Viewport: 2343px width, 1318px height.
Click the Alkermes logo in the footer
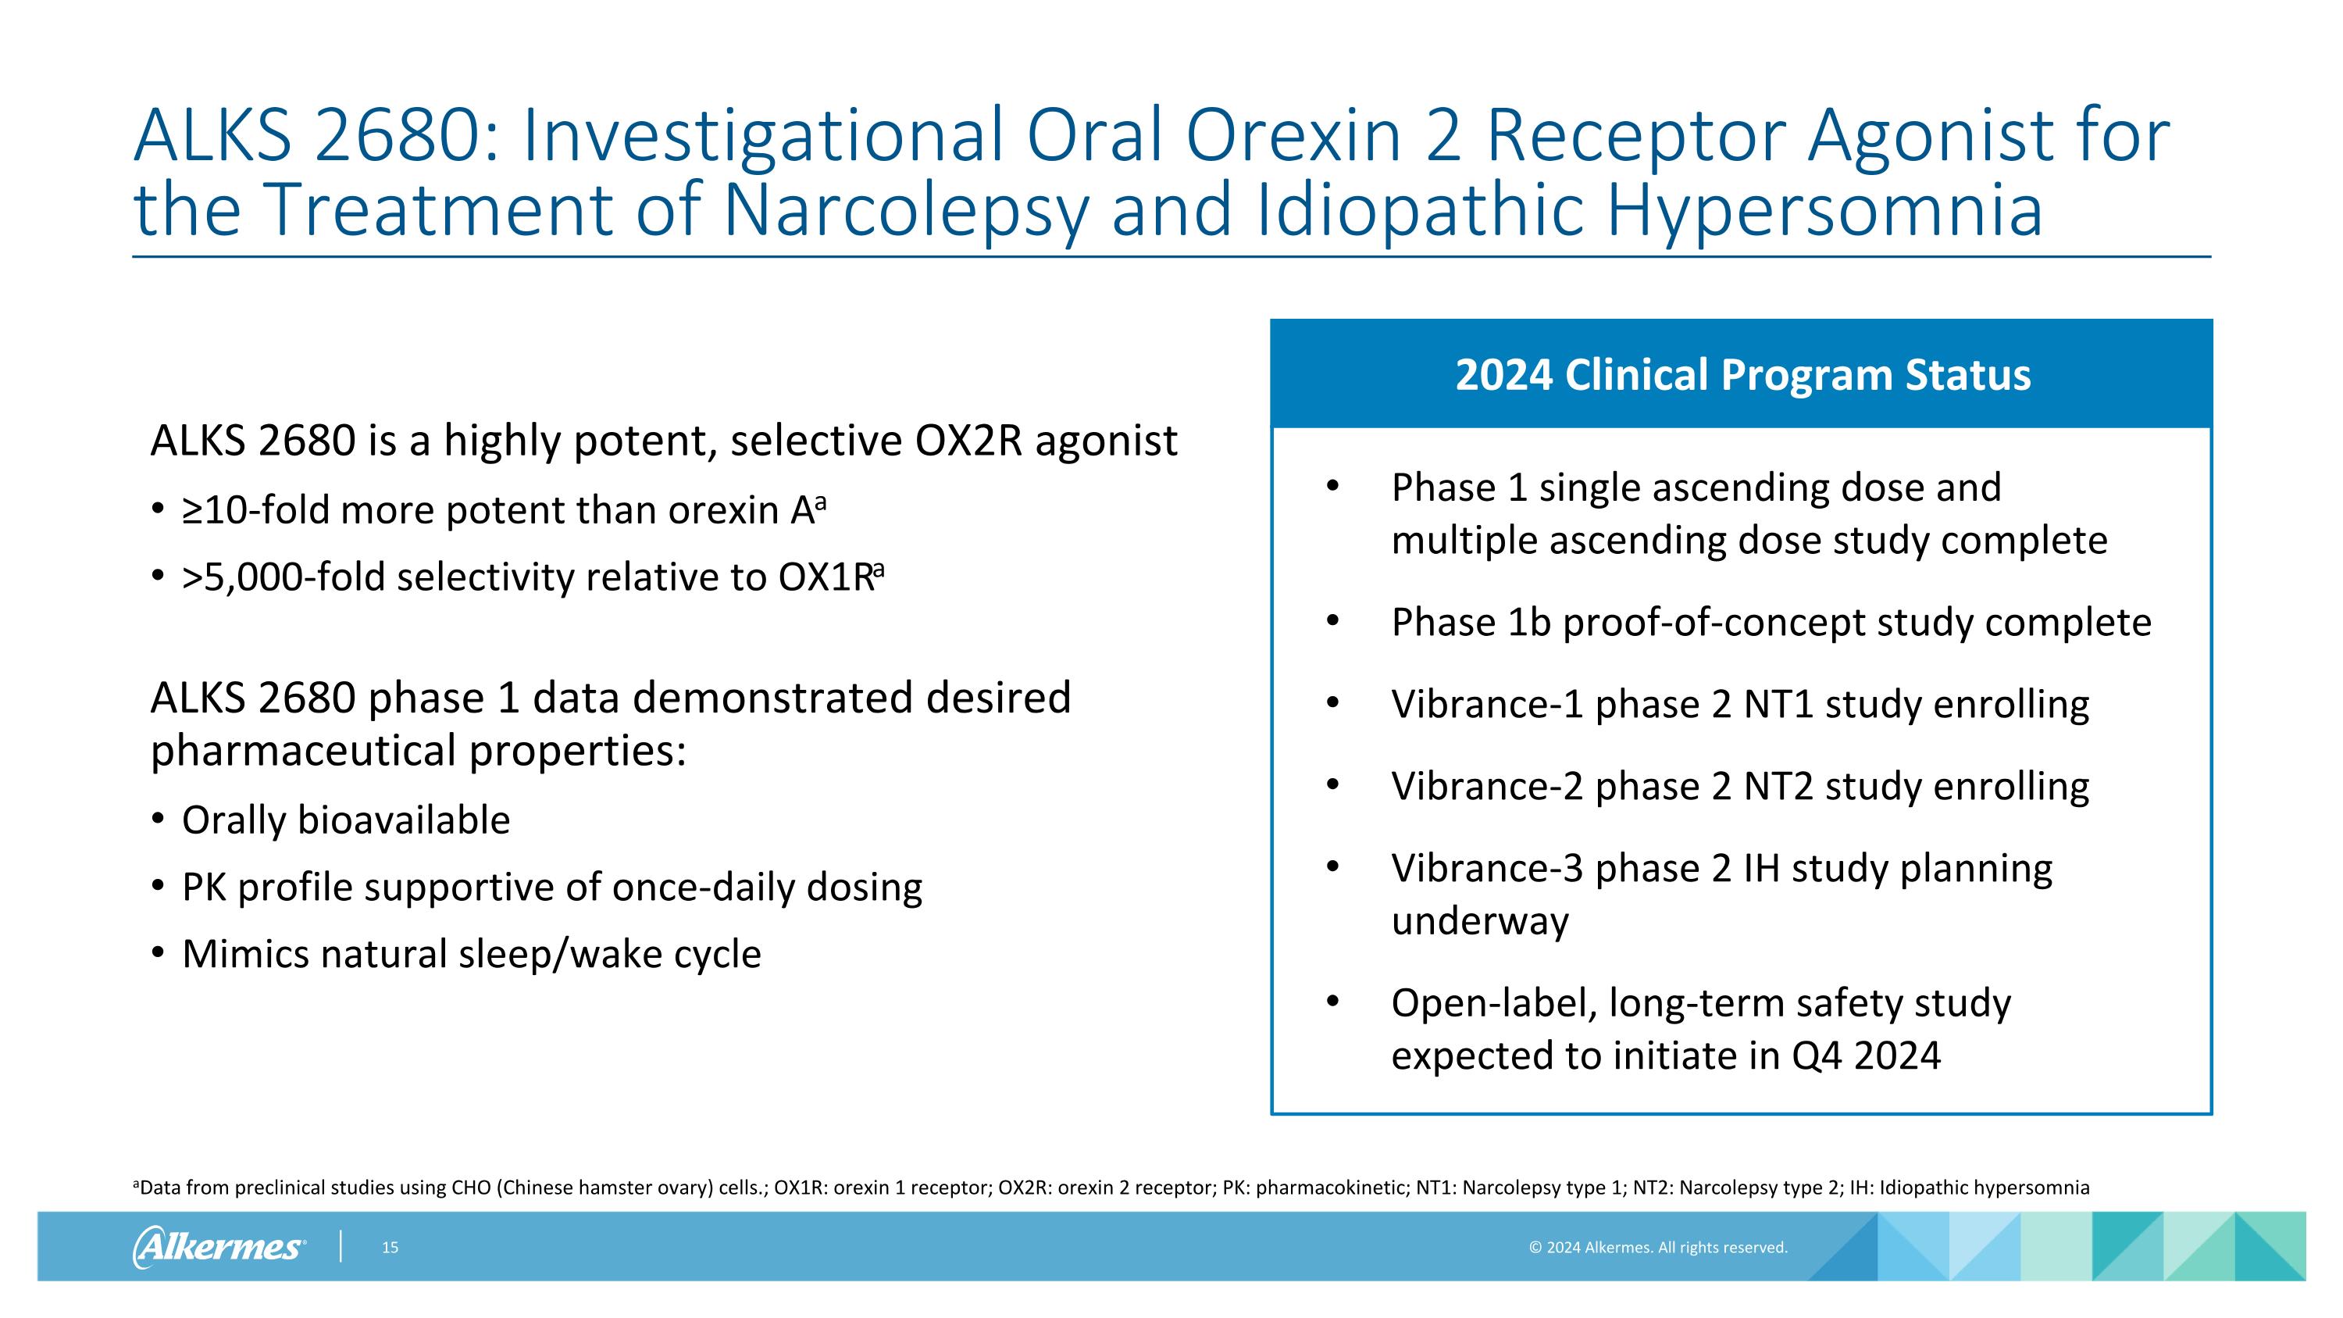pyautogui.click(x=219, y=1246)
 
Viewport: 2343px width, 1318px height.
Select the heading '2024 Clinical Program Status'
pyautogui.click(x=1742, y=375)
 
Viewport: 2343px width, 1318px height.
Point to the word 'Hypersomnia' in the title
pyautogui.click(x=1824, y=209)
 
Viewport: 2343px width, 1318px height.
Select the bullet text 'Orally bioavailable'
pyautogui.click(x=346, y=820)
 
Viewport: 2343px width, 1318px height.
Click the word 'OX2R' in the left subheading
pyautogui.click(x=968, y=441)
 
